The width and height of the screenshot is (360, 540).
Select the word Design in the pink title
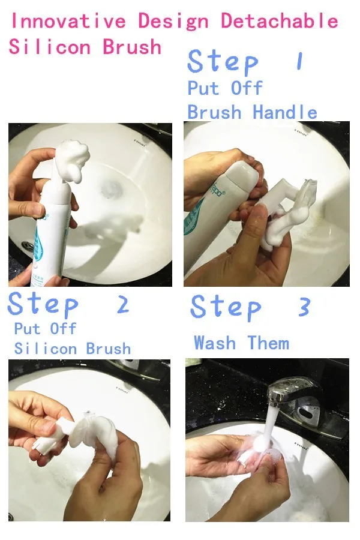(x=173, y=22)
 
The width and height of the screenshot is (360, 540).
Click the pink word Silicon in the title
(x=50, y=46)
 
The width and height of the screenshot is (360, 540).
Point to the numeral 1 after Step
(x=300, y=61)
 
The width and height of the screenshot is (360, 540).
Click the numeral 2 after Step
(x=123, y=304)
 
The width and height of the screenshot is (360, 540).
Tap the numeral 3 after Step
(x=304, y=307)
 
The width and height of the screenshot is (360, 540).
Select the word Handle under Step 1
(x=285, y=112)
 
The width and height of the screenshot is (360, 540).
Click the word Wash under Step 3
(x=215, y=343)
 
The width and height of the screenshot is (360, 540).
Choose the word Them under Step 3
(x=268, y=343)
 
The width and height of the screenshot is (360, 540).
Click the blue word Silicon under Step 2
(x=46, y=349)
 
